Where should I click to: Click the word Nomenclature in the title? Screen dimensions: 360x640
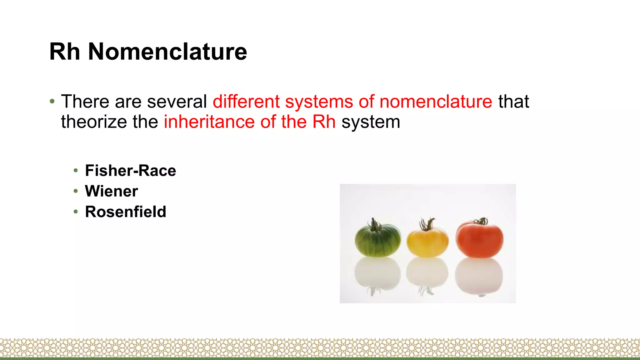167,52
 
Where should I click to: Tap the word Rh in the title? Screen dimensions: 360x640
65,52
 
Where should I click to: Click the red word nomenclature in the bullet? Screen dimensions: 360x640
436,102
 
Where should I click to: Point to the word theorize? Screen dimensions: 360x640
94,122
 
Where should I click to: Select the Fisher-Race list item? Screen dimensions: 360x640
130,171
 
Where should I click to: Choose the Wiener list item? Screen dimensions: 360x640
111,191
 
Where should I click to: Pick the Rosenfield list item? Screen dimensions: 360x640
126,212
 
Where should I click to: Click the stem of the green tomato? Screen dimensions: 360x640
374,224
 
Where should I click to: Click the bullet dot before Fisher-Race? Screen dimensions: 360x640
76,171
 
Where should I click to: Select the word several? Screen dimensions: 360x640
177,102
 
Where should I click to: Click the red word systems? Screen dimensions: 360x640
318,102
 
